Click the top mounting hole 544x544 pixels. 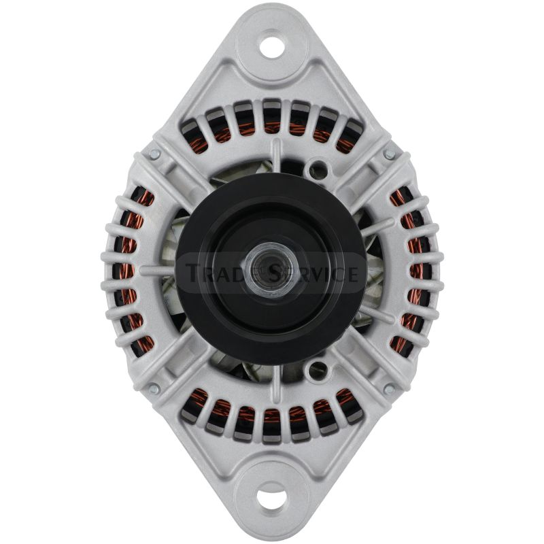tap(272, 47)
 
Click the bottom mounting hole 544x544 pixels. tap(272, 499)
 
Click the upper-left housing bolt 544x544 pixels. tap(154, 154)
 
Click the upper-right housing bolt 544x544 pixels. tap(389, 154)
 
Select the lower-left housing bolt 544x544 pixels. tap(154, 389)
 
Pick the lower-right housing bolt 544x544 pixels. tap(389, 389)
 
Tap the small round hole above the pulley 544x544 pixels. tap(318, 169)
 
